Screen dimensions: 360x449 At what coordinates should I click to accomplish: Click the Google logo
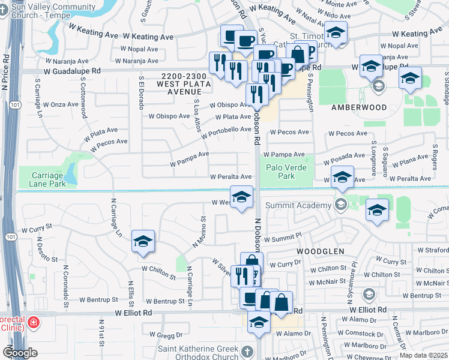[20, 353]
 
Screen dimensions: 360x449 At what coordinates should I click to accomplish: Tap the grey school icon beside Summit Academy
[341, 205]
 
